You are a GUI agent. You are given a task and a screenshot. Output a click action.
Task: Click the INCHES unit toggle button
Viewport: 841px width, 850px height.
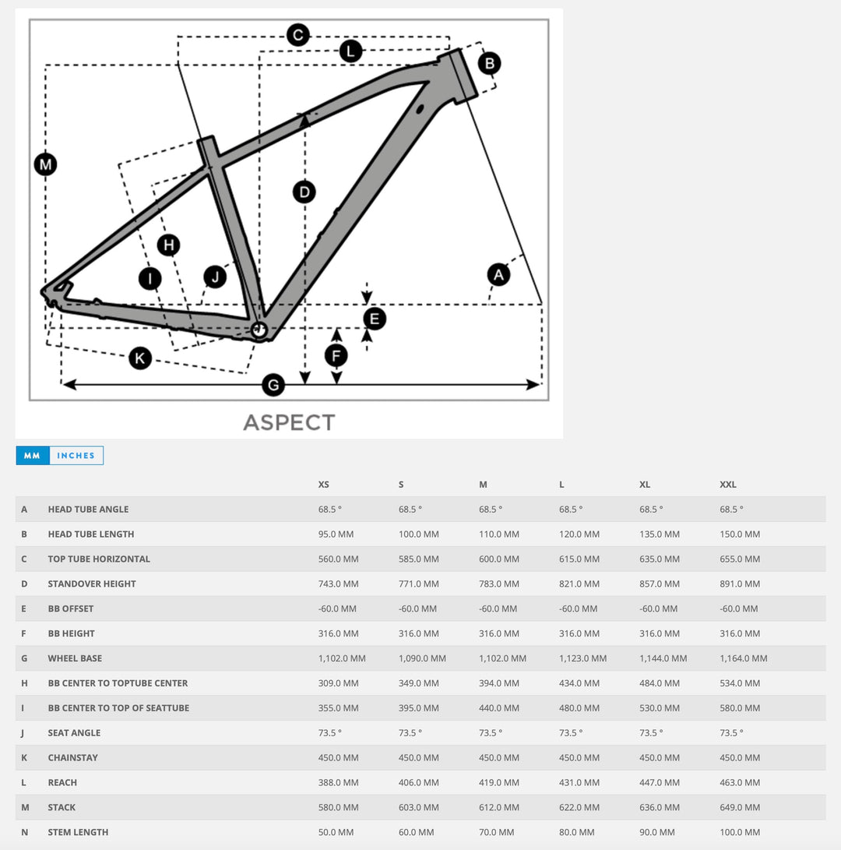click(76, 456)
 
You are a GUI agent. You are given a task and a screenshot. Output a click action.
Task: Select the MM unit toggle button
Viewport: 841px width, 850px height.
click(32, 456)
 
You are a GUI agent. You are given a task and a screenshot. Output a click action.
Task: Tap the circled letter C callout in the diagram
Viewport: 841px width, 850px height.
click(297, 35)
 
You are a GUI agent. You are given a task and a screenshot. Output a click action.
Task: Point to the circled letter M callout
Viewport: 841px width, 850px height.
click(46, 164)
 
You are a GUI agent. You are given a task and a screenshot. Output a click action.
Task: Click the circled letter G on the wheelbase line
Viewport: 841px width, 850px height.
click(273, 384)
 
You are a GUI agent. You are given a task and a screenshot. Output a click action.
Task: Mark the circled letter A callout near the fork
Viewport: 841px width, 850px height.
click(498, 274)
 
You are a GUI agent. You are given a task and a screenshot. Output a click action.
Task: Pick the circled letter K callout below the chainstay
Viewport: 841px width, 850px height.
click(140, 358)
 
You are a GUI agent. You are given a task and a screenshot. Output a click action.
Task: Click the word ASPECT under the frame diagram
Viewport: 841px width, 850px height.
click(289, 422)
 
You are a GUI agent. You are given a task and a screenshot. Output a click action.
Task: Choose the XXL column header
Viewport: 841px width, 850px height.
click(728, 485)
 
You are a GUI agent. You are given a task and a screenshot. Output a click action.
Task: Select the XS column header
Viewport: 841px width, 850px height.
click(324, 485)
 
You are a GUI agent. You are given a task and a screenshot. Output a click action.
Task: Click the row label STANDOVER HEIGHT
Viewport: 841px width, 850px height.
click(92, 584)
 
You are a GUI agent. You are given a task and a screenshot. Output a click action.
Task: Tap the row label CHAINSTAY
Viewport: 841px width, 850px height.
click(73, 757)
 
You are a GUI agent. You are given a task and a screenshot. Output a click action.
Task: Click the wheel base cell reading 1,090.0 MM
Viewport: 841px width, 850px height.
click(422, 658)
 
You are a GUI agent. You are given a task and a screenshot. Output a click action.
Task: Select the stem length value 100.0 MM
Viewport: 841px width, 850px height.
click(741, 832)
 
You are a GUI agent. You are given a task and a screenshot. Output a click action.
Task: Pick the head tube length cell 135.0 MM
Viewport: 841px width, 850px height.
click(660, 534)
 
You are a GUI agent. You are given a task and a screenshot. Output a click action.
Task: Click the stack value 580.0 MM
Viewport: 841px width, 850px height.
click(339, 807)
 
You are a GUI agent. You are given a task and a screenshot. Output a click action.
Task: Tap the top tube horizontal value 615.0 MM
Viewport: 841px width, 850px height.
click(579, 559)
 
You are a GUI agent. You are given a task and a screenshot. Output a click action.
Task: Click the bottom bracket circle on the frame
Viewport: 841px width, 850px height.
click(259, 330)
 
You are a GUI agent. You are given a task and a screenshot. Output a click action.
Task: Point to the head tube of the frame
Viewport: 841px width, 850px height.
click(458, 75)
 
